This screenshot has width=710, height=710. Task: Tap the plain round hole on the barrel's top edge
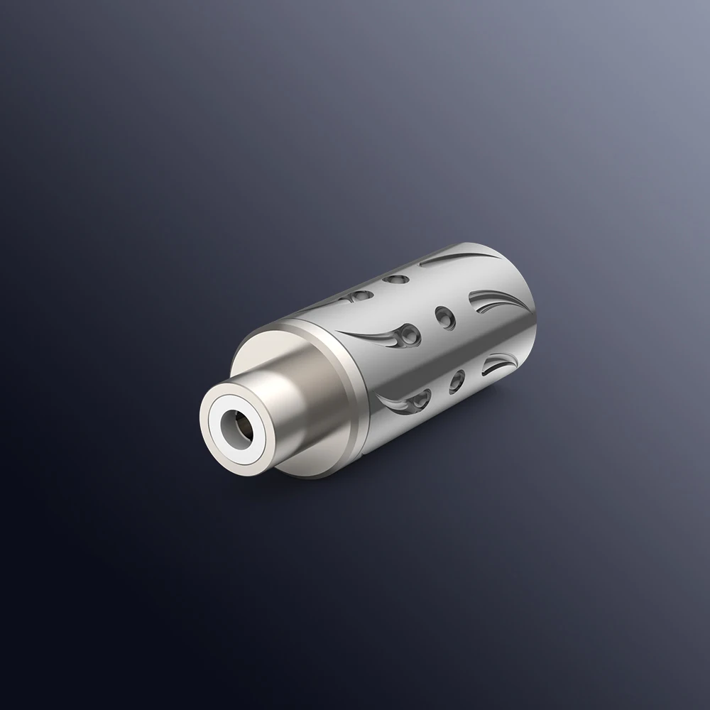coord(390,281)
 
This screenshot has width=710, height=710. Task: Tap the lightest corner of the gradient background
coord(703,7)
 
